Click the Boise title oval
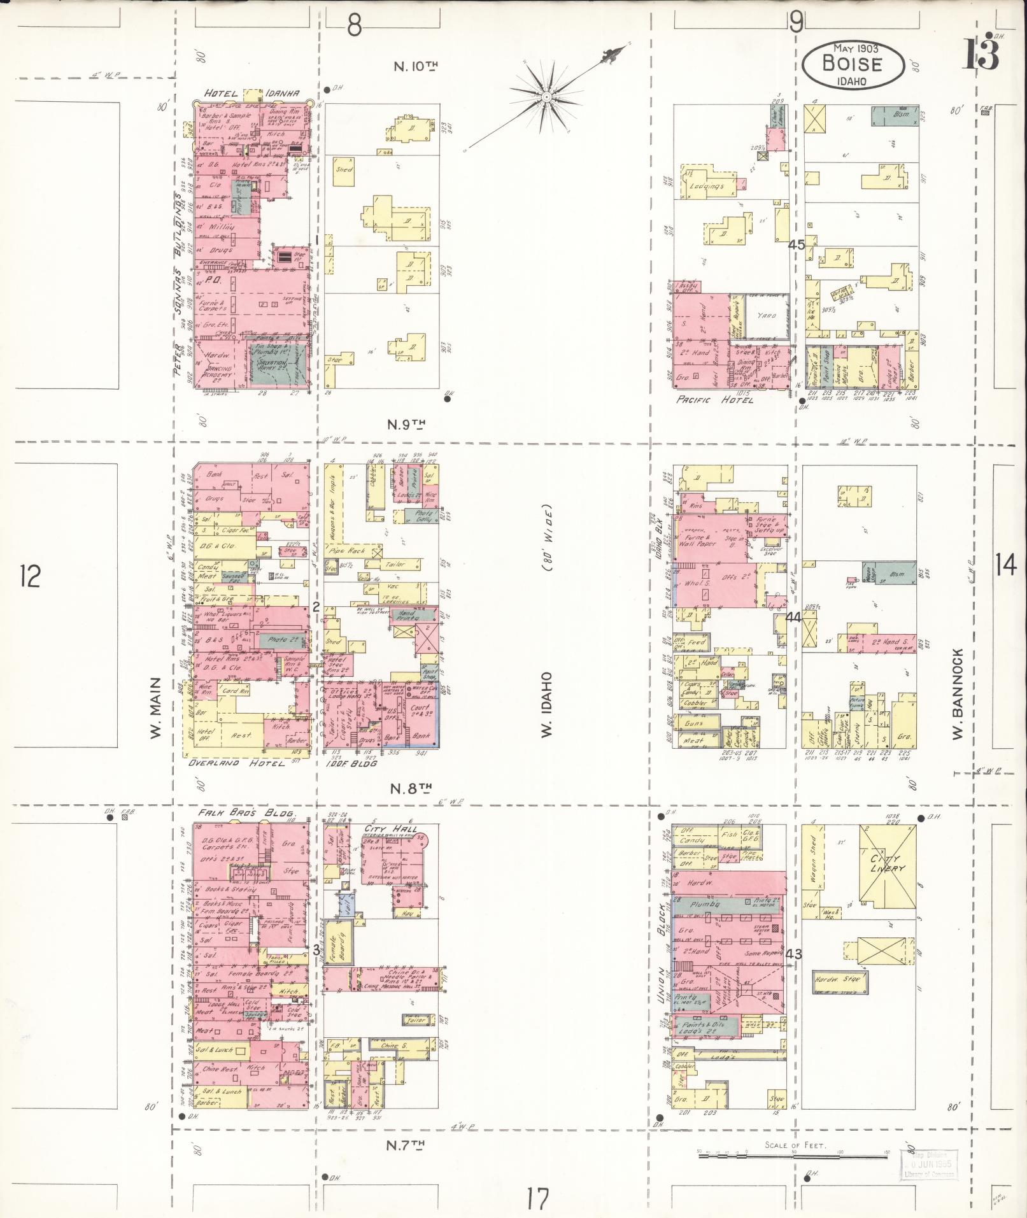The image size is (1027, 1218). point(853,64)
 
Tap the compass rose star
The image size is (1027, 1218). point(546,97)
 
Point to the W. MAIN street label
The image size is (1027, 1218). point(155,708)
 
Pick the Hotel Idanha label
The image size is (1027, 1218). point(251,94)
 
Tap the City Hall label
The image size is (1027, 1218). point(390,829)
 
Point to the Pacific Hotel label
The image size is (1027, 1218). point(714,400)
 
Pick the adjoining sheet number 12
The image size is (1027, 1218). point(30,576)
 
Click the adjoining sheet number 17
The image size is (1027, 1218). point(537,1200)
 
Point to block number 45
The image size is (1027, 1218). point(796,244)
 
